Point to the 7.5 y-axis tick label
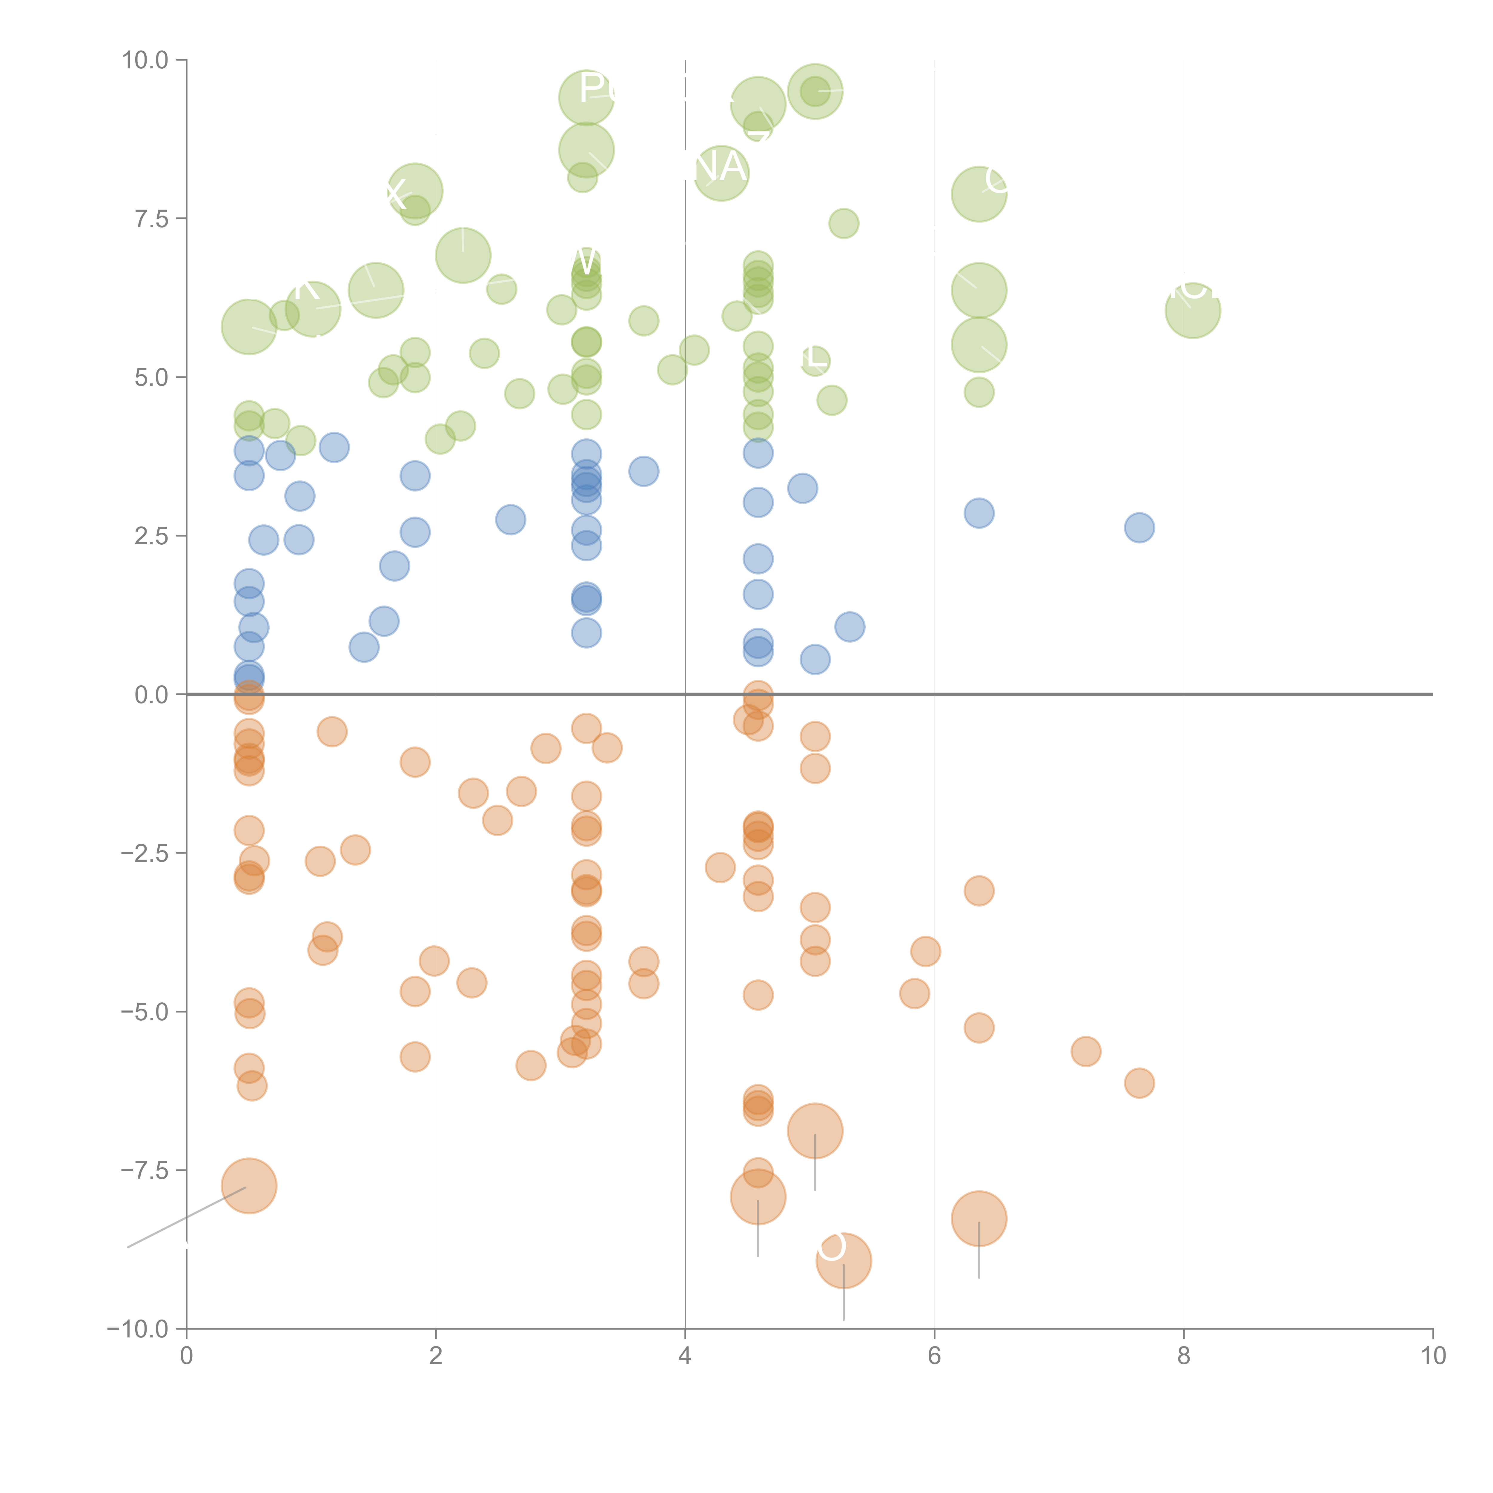[x=151, y=219]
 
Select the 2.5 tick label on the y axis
[x=151, y=536]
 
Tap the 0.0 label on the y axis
[x=151, y=695]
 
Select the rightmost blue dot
[x=1139, y=528]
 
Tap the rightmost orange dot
[x=1139, y=1083]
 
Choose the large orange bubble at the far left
[x=249, y=1186]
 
